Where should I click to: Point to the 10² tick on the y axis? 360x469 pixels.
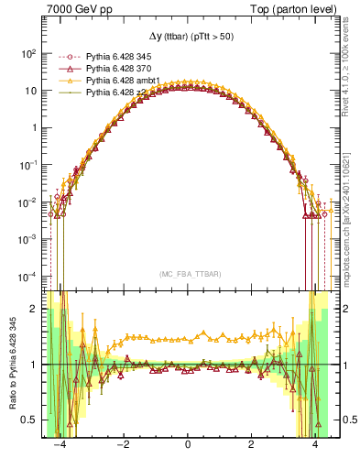(27, 53)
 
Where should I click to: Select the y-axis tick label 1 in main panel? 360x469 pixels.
(34, 127)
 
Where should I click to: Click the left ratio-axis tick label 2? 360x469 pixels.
(34, 310)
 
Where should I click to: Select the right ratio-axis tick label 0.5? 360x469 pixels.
(344, 420)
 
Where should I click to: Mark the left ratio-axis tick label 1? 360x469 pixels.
(34, 365)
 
